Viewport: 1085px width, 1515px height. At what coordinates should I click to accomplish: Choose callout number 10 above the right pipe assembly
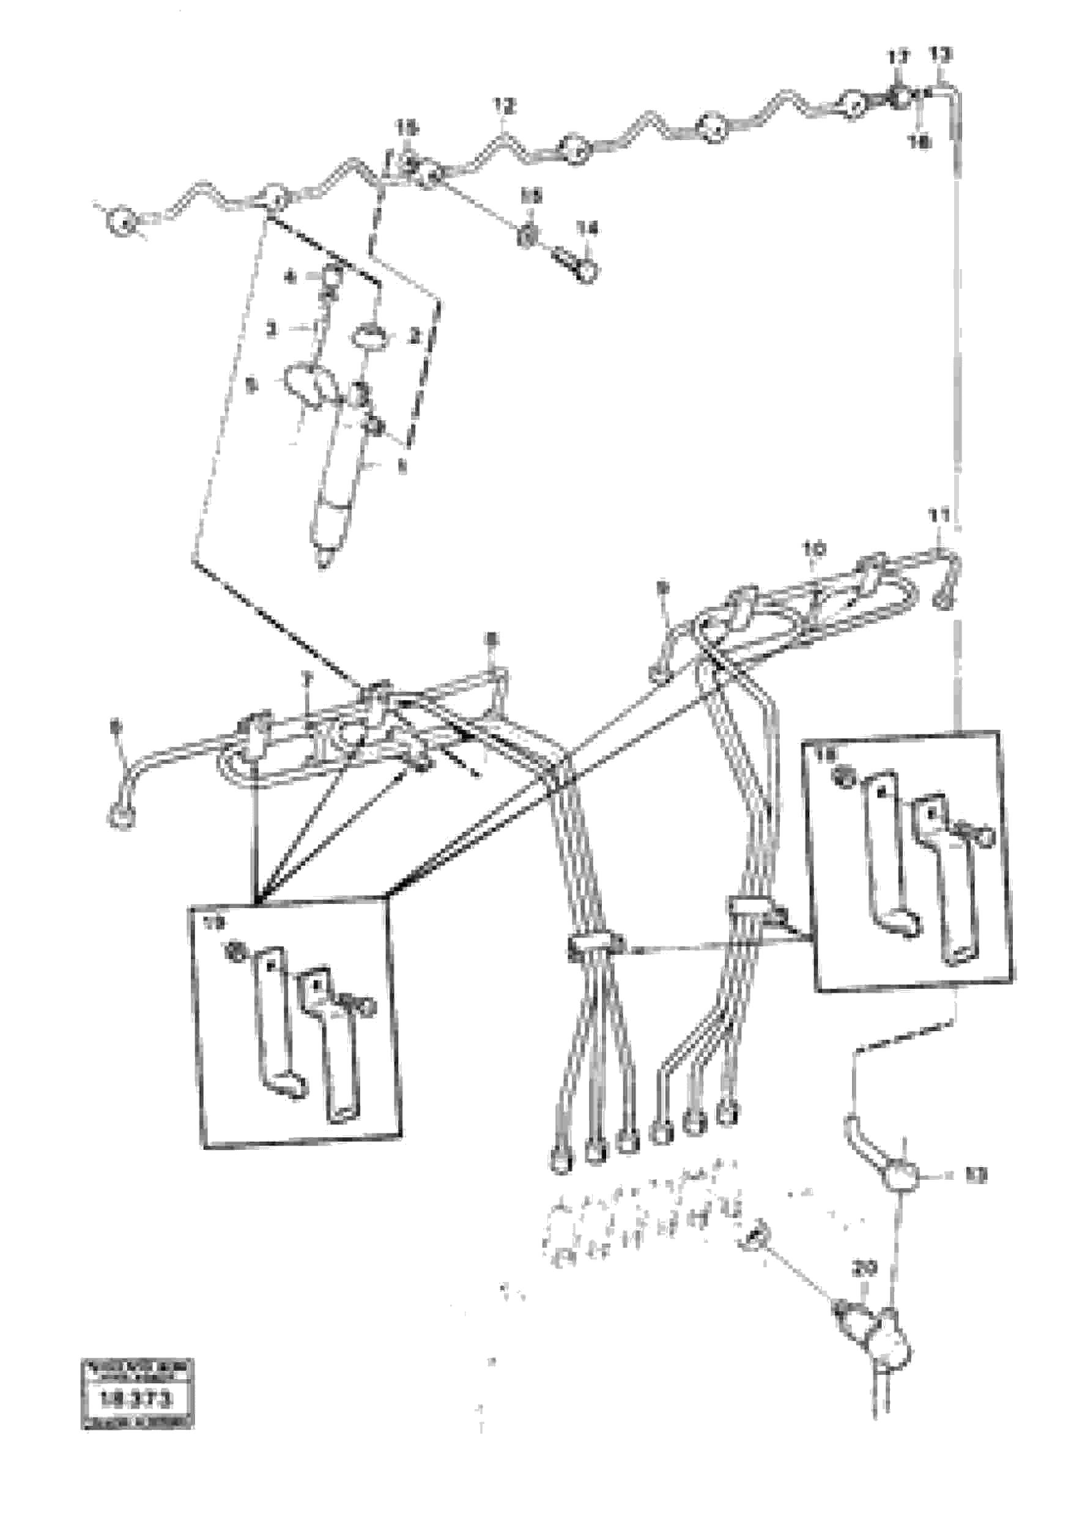(813, 549)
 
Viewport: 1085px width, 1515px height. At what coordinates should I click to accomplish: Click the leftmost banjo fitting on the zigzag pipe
(122, 222)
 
